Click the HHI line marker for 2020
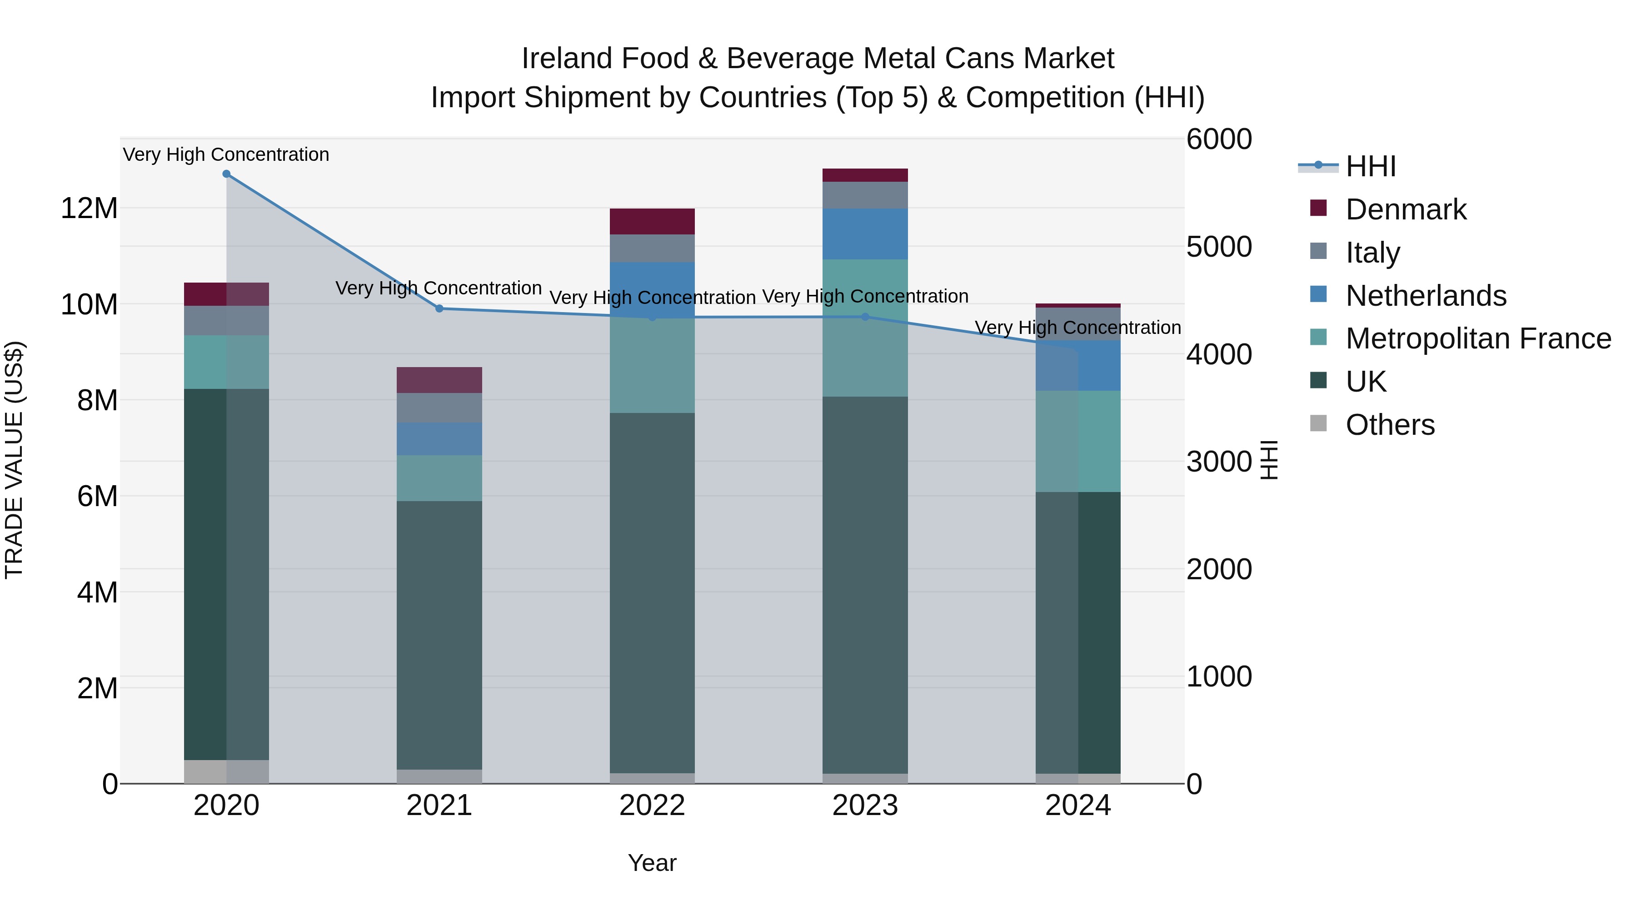[226, 174]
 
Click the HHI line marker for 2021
[439, 308]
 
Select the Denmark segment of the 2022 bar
[652, 222]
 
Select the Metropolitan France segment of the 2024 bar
[1078, 441]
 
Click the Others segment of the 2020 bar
[226, 771]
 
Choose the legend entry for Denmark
[1406, 209]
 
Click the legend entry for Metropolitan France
[1477, 338]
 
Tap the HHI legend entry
[1371, 166]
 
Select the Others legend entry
[1390, 425]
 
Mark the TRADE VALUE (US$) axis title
[14, 460]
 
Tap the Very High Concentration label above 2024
[1078, 328]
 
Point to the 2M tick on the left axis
[97, 688]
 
